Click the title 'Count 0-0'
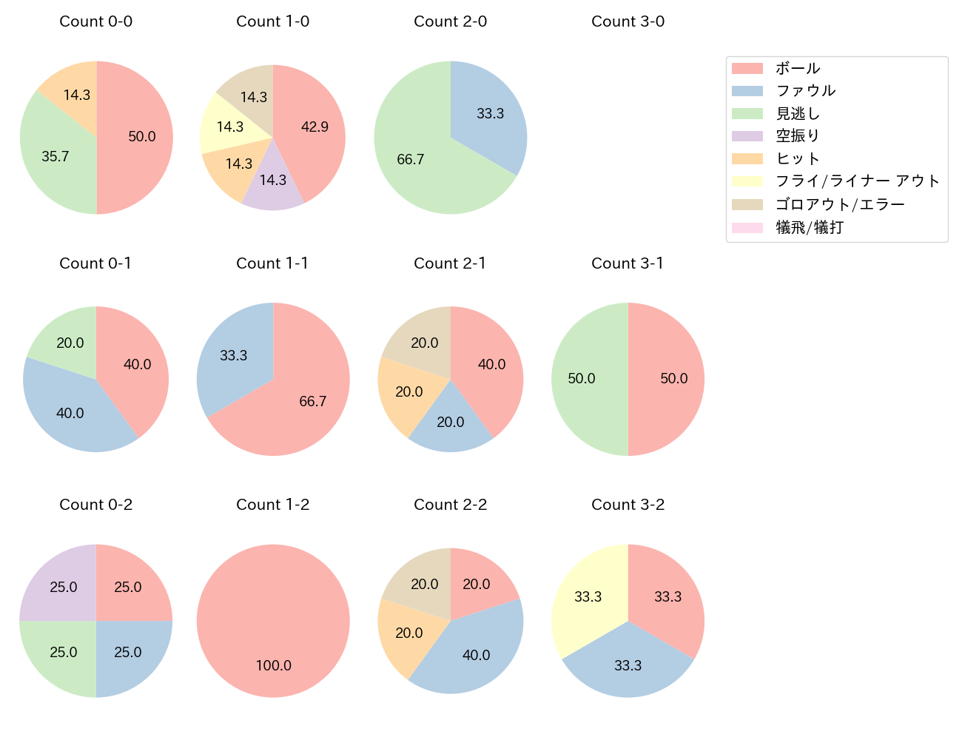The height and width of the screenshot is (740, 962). click(x=95, y=21)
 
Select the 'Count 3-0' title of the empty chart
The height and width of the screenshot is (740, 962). click(x=628, y=21)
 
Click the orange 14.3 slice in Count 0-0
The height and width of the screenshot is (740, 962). click(x=74, y=92)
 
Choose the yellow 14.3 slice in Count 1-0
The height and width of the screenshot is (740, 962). click(x=226, y=127)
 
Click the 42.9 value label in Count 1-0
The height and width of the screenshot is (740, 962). click(x=314, y=127)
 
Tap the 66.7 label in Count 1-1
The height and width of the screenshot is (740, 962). click(x=312, y=401)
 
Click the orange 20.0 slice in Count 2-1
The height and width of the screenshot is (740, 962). click(x=407, y=392)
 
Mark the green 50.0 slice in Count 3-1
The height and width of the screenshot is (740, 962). click(x=585, y=379)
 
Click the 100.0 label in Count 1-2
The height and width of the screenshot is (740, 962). click(x=274, y=665)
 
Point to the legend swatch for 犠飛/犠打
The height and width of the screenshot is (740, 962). click(x=747, y=227)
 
